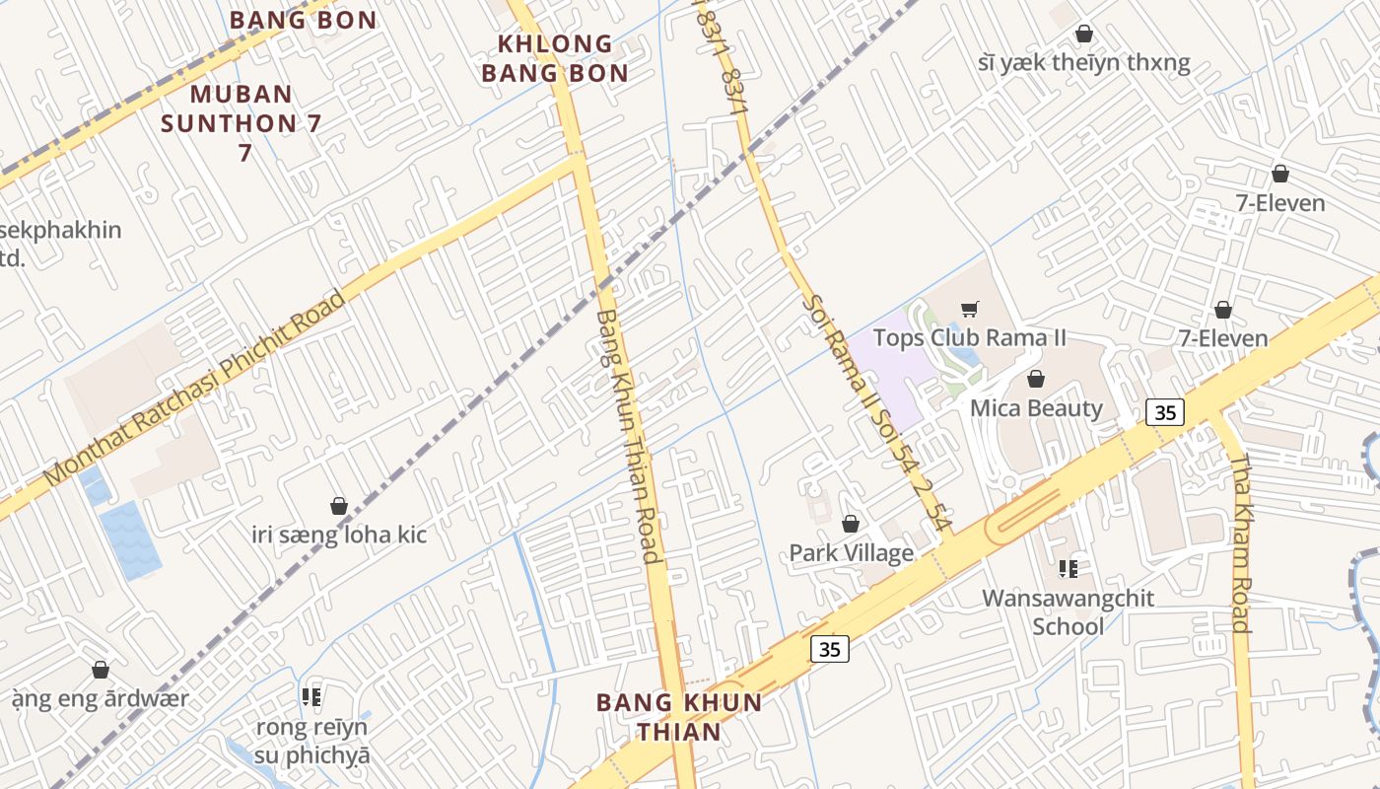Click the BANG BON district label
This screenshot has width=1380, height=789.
coord(303,20)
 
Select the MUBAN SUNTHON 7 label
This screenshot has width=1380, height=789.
coord(241,122)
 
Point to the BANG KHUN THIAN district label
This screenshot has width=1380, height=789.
coord(679,717)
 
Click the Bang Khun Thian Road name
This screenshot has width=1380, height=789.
coord(628,436)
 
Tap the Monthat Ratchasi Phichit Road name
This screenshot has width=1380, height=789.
coord(194,388)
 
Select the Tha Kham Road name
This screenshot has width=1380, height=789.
coord(1241,542)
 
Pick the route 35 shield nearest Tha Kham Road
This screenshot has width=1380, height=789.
coord(1164,412)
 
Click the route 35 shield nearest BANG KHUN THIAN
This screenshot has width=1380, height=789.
coord(829,648)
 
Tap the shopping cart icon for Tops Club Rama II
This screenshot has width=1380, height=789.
coord(969,310)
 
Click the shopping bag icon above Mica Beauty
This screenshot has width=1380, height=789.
coord(1036,379)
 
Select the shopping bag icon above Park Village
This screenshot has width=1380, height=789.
coord(851,524)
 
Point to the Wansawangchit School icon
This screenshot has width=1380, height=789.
coord(1068,568)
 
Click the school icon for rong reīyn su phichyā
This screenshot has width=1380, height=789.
coord(311,698)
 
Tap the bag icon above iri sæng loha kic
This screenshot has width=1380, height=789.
coord(339,506)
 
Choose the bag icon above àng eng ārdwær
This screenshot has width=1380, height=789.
coord(100,671)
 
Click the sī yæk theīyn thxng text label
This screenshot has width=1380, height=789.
coord(1084,64)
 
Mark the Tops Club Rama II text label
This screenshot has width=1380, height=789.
coord(970,338)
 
